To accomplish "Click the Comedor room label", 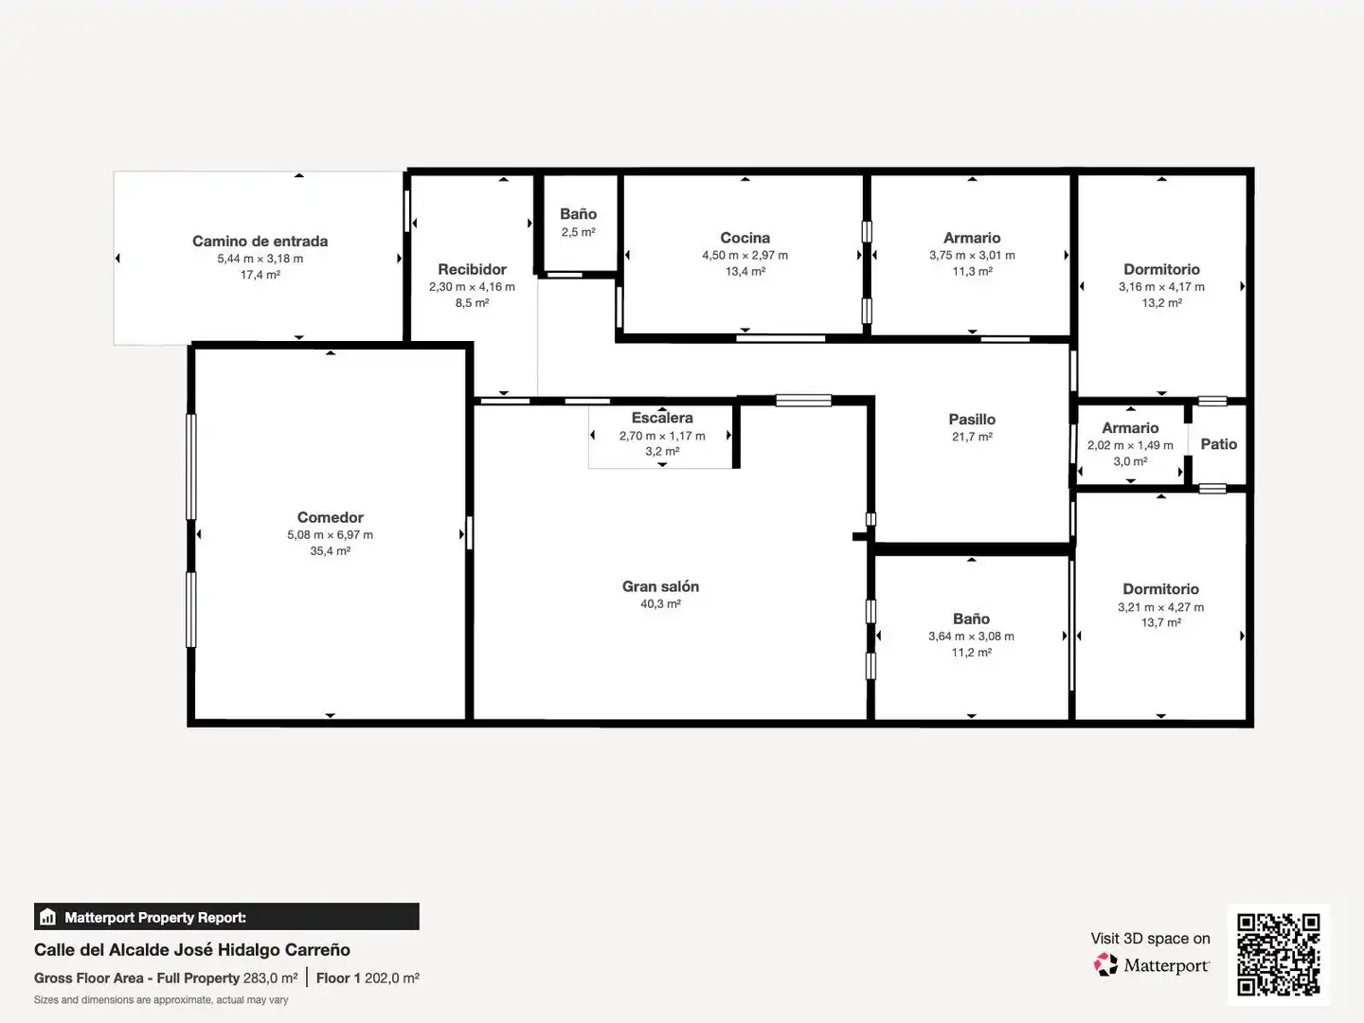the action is [330, 517].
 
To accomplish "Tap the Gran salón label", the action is [660, 586].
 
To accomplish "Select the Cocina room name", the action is [745, 238].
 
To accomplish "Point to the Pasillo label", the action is [972, 420].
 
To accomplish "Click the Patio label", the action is [1218, 444].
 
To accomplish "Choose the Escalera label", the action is [662, 418].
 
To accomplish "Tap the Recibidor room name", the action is [473, 270].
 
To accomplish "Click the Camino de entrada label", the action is [260, 241].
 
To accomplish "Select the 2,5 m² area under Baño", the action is [579, 232].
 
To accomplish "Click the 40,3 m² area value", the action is [660, 603].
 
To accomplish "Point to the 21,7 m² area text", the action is [972, 437].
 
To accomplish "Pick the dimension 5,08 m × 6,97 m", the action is [330, 535].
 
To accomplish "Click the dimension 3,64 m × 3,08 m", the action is [971, 636].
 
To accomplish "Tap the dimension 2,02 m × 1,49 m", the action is [1130, 445].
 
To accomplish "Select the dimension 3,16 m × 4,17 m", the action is [1161, 287].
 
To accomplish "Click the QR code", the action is [1278, 955].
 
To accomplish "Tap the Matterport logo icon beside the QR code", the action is [1105, 964].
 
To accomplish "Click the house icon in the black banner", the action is [48, 917].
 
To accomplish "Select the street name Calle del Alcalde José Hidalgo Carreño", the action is [192, 950].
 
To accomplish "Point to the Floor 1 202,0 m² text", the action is [368, 978].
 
